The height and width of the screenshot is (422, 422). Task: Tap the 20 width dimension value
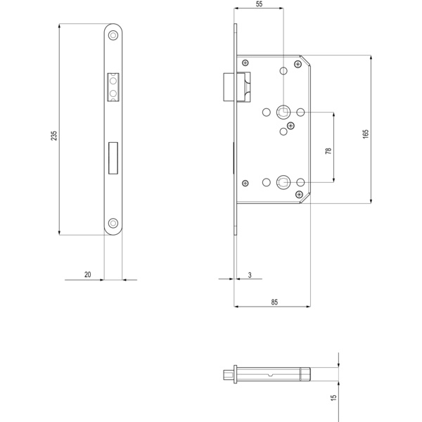click(x=87, y=274)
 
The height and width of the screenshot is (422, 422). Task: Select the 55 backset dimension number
click(x=260, y=4)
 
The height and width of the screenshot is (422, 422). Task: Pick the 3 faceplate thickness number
click(x=250, y=274)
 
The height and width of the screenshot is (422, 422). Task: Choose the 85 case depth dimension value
click(x=274, y=302)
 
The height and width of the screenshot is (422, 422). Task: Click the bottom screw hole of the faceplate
click(x=113, y=224)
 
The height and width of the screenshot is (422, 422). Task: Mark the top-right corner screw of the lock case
click(x=298, y=65)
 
